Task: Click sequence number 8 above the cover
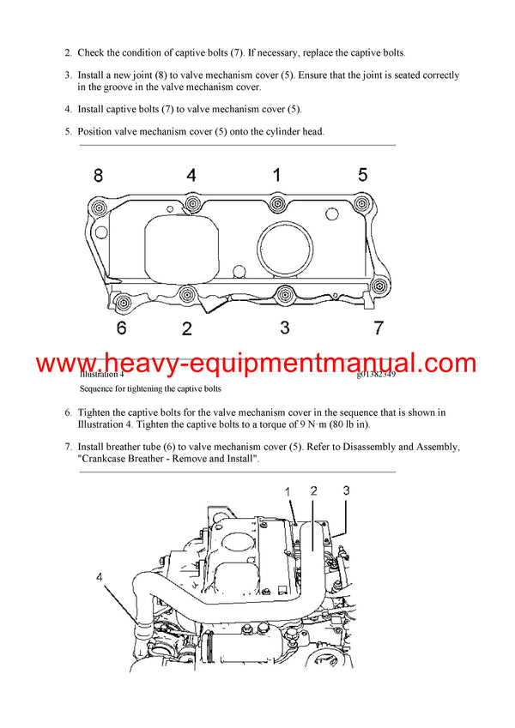[x=98, y=175]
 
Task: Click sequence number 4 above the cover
[x=191, y=175]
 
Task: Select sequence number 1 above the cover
[x=276, y=175]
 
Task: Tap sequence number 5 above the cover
[x=362, y=175]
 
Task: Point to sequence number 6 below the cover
[x=121, y=328]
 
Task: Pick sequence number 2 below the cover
[x=187, y=328]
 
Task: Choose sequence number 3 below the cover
[x=285, y=328]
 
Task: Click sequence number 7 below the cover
[x=378, y=328]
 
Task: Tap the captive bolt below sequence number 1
[x=276, y=204]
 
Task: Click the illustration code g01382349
[x=376, y=375]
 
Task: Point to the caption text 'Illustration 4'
[x=101, y=375]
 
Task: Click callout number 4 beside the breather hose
[x=100, y=578]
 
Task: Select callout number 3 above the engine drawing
[x=346, y=490]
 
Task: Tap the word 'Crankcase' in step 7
[x=109, y=460]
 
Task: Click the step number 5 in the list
[x=68, y=131]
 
